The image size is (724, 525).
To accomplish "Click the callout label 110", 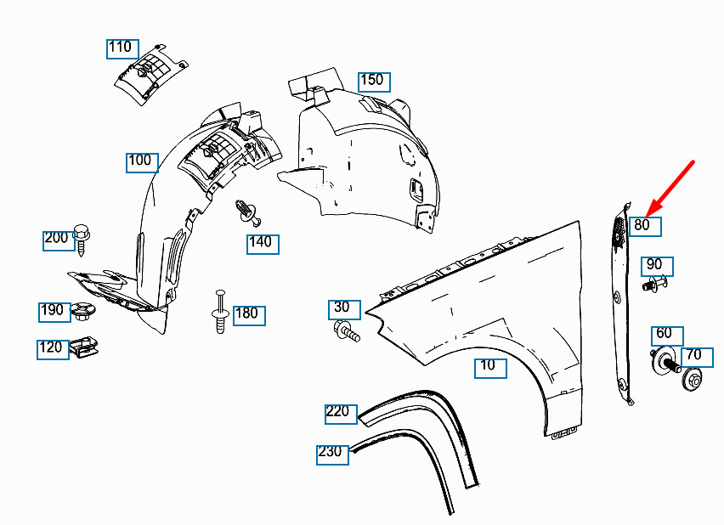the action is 122,49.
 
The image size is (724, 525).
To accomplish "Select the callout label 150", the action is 374,82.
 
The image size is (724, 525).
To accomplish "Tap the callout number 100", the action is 142,162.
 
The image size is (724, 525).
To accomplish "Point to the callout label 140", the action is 263,244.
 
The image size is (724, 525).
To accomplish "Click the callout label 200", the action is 59,240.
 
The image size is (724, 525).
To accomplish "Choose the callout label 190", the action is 54,312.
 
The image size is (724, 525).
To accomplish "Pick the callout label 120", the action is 53,349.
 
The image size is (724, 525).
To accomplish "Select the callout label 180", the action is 249,315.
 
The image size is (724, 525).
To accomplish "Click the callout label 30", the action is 344,309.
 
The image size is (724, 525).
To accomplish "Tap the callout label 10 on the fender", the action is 490,368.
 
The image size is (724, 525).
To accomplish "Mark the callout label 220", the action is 341,414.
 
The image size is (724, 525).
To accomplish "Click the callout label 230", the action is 332,454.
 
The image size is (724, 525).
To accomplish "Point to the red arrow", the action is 670,189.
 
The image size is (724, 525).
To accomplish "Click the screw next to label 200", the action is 82,239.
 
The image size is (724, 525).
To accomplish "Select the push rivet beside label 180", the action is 220,312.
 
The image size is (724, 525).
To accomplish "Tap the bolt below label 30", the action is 347,332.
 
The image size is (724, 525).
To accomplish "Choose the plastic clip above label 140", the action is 248,212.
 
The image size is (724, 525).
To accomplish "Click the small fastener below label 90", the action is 654,283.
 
